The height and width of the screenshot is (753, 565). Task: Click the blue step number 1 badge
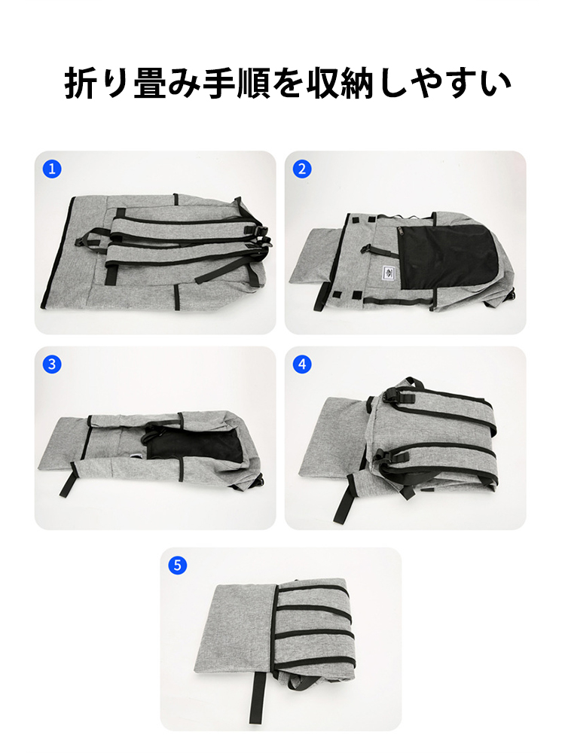tap(52, 169)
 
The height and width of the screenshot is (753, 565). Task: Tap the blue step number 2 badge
tap(302, 169)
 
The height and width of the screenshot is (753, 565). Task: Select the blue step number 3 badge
tap(52, 364)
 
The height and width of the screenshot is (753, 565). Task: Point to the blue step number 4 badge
tap(302, 364)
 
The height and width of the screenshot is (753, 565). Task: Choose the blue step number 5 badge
tap(178, 566)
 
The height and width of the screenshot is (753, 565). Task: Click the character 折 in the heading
tap(80, 84)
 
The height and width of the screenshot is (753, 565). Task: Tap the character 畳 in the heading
tap(149, 84)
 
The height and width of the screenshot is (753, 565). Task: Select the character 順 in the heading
tap(254, 84)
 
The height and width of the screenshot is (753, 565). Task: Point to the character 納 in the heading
tap(357, 84)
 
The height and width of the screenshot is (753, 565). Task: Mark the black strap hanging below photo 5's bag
tap(258, 698)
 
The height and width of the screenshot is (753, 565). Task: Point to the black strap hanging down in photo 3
tap(67, 480)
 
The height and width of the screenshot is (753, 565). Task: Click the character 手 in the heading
tap(219, 84)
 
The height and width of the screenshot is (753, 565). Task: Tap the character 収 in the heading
tap(323, 84)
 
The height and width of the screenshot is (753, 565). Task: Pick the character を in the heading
tap(289, 84)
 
